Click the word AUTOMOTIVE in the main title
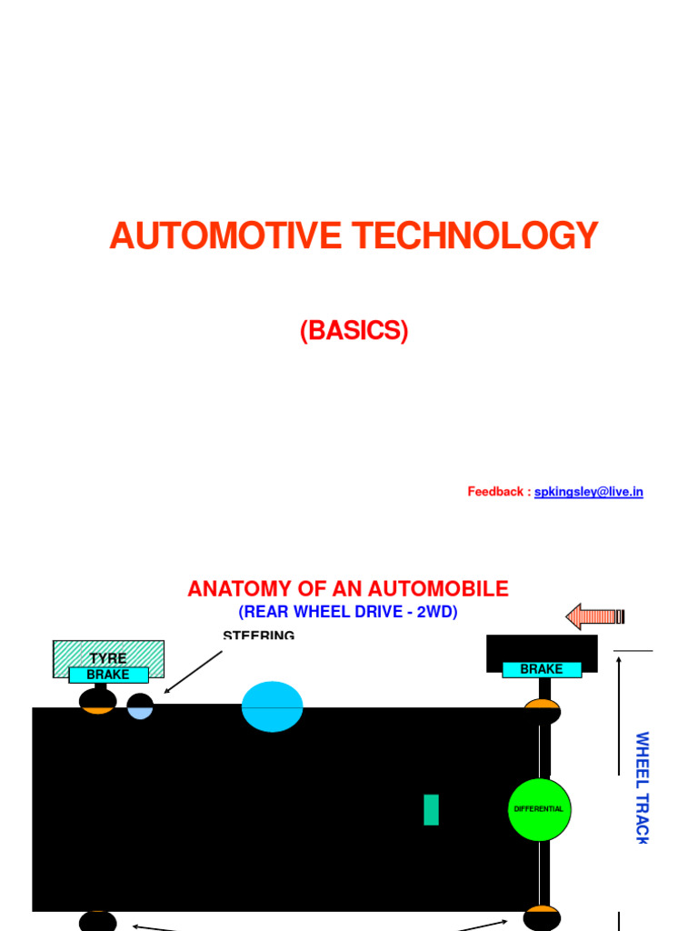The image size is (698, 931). coord(227,236)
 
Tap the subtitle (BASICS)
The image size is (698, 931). coord(354,331)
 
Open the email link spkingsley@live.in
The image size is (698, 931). coord(588,492)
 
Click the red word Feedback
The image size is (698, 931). coord(496,492)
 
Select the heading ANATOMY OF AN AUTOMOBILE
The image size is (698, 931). coord(348,589)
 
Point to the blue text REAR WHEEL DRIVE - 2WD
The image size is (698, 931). coord(348,613)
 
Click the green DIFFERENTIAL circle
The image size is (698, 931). coord(539,809)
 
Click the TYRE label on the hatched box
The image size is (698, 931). coord(108,658)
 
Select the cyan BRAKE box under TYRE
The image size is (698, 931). coord(108,675)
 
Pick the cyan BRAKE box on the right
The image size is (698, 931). coord(542,669)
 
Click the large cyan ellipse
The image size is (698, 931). coord(272,706)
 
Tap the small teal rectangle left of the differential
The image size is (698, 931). coord(431,810)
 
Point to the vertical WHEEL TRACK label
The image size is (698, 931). coord(642,787)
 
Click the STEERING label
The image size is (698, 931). coord(258,636)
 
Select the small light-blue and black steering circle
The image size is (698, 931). coord(140,706)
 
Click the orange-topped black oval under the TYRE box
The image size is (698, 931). coord(97,701)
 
